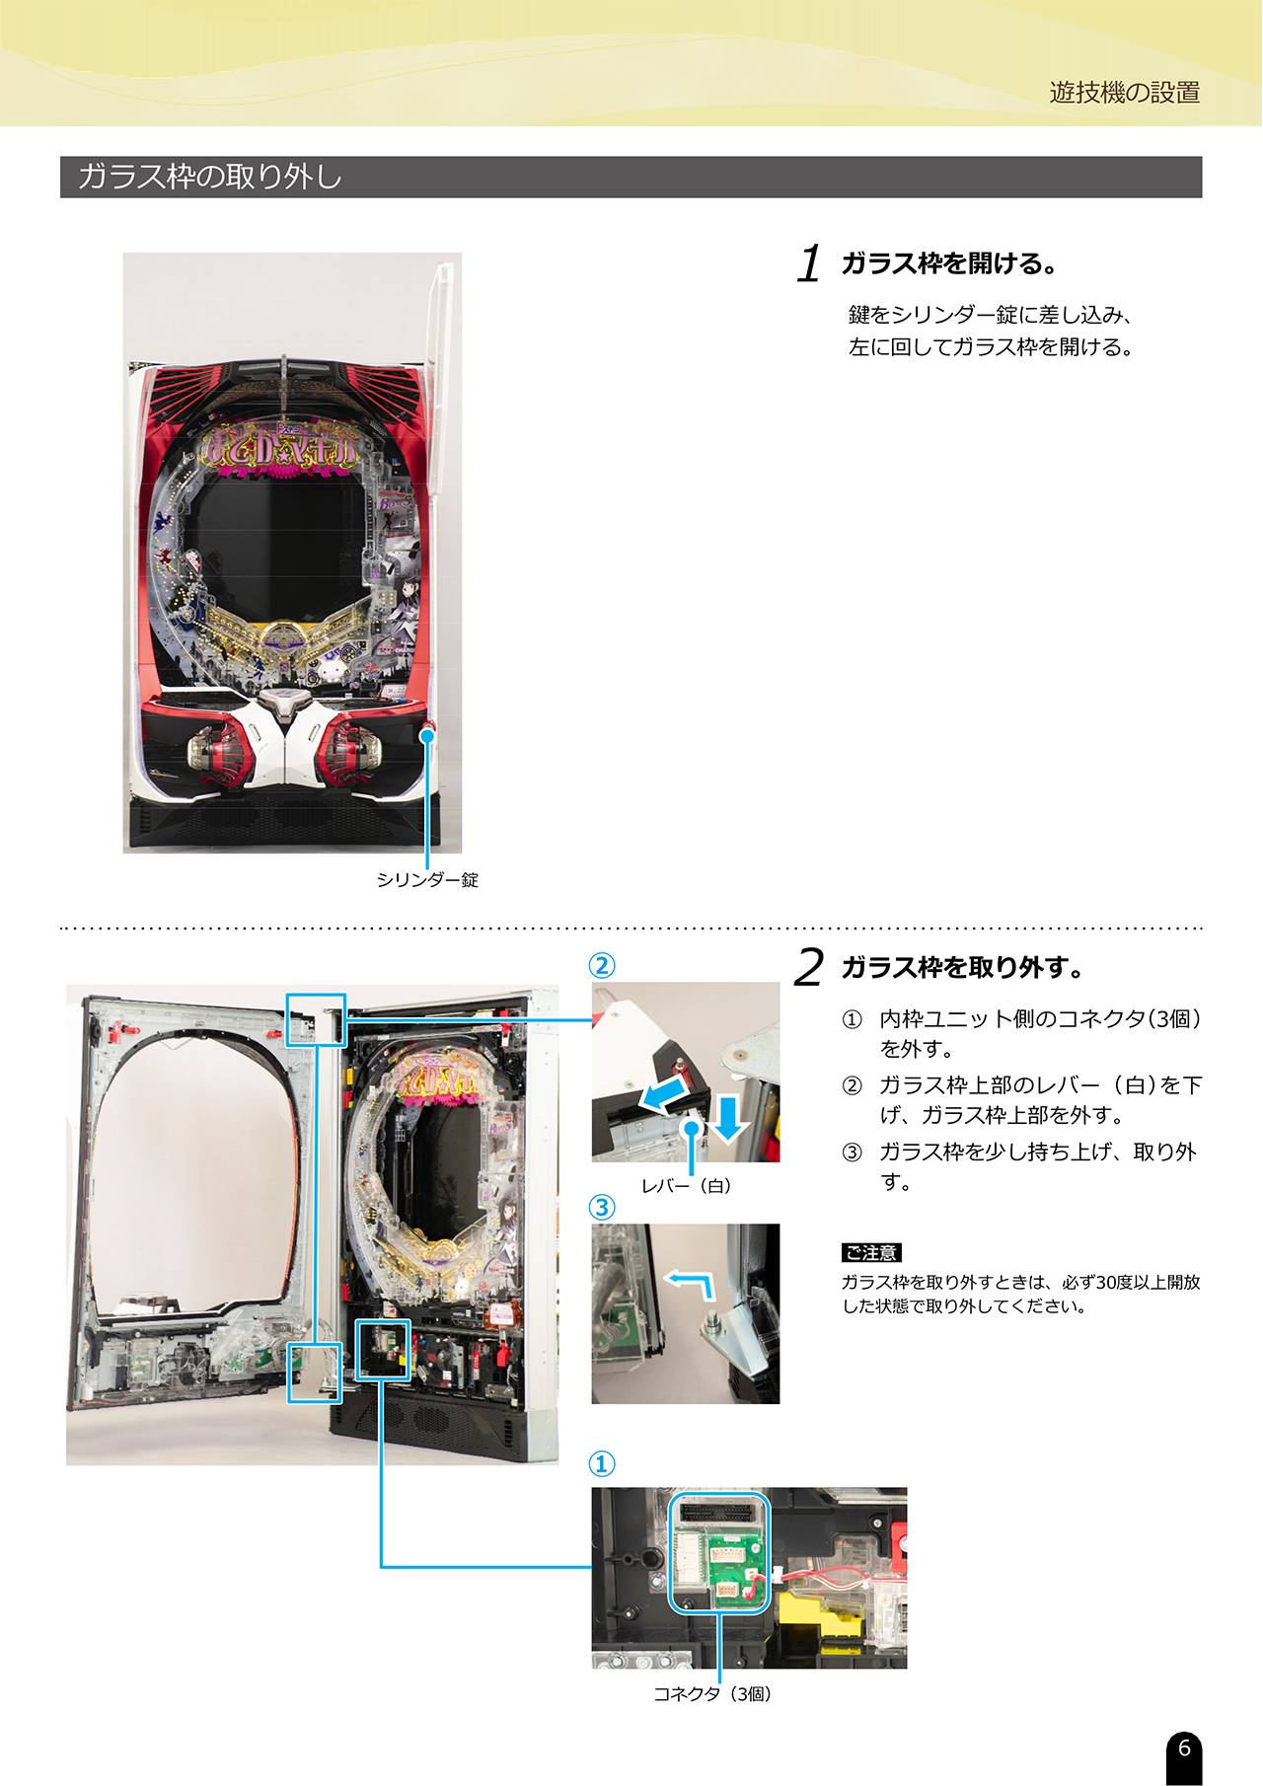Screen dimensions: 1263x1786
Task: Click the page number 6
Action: point(1184,1748)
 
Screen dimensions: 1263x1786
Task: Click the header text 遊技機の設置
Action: point(1125,93)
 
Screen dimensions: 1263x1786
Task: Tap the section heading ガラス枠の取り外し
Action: point(210,177)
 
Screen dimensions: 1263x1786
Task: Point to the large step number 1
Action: point(809,263)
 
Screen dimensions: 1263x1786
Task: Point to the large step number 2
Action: point(808,967)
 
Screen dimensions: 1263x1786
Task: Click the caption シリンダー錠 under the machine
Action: point(427,879)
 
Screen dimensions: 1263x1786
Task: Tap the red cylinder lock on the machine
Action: point(428,732)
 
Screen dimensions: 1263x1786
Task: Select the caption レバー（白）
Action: point(687,1185)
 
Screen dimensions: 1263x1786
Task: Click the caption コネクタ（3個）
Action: point(713,1693)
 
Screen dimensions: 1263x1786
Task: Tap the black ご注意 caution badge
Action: point(871,1252)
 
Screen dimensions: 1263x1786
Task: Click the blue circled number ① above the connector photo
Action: point(602,1463)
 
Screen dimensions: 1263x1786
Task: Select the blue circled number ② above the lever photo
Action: point(602,964)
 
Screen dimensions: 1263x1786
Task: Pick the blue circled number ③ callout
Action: point(602,1207)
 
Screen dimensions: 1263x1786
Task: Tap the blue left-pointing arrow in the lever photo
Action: point(661,1094)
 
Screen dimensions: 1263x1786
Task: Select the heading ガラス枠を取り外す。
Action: point(963,967)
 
